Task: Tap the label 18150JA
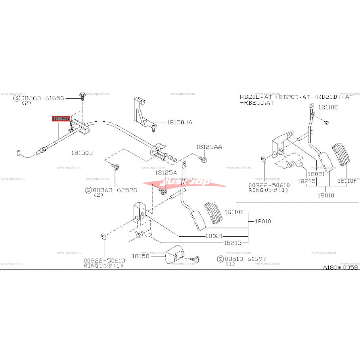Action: click(x=179, y=123)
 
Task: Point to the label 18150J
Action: click(x=82, y=152)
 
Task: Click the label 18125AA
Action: click(x=209, y=147)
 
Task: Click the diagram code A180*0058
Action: click(x=341, y=268)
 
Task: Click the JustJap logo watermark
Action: click(x=184, y=183)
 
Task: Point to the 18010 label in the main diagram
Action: click(x=262, y=221)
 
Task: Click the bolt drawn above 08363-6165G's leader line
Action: click(x=82, y=95)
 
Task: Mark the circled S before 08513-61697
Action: click(x=221, y=259)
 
